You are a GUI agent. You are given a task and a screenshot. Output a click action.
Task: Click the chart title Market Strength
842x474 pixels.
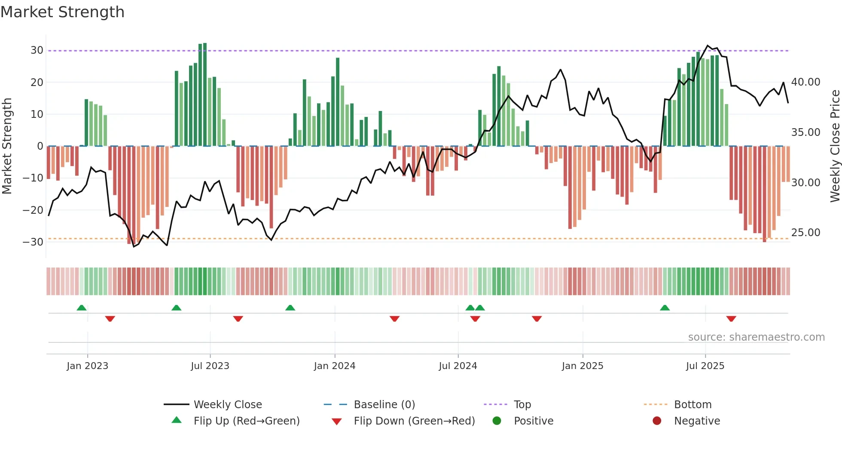pyautogui.click(x=62, y=12)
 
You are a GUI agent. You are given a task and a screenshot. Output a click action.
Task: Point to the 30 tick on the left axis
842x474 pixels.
pyautogui.click(x=37, y=50)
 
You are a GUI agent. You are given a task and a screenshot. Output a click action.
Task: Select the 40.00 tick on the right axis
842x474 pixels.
pyautogui.click(x=805, y=82)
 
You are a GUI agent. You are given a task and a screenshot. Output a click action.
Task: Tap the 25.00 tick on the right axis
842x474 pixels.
pyautogui.click(x=805, y=233)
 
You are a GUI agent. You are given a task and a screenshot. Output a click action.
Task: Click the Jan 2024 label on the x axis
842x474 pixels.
pyautogui.click(x=335, y=366)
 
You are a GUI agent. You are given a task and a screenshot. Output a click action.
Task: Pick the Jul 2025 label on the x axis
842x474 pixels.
pyautogui.click(x=705, y=366)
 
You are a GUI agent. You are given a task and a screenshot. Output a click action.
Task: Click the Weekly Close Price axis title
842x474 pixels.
pyautogui.click(x=835, y=146)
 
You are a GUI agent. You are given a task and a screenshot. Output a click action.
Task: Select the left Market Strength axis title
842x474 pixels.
pyautogui.click(x=7, y=146)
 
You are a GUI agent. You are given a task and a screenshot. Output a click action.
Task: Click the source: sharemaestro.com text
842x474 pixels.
pyautogui.click(x=756, y=337)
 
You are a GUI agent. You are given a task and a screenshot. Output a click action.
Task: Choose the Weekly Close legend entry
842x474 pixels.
pyautogui.click(x=228, y=405)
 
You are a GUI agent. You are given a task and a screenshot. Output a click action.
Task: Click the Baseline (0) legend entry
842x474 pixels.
pyautogui.click(x=384, y=405)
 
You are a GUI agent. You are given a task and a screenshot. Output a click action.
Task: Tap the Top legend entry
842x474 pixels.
pyautogui.click(x=522, y=405)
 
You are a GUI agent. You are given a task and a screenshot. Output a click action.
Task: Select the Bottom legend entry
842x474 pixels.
pyautogui.click(x=693, y=405)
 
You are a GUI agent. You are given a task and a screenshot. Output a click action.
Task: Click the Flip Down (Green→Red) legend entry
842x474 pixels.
pyautogui.click(x=414, y=421)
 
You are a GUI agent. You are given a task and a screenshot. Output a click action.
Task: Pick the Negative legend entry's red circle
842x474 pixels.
pyautogui.click(x=657, y=421)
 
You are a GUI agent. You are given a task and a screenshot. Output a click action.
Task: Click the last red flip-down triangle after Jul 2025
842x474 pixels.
pyautogui.click(x=731, y=319)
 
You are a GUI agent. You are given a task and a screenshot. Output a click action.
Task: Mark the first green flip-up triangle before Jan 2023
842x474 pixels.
pyautogui.click(x=82, y=308)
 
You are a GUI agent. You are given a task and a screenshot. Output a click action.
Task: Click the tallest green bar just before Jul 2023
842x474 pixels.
pyautogui.click(x=205, y=95)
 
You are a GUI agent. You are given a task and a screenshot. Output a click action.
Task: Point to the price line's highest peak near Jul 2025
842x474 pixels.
pyautogui.click(x=708, y=46)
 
